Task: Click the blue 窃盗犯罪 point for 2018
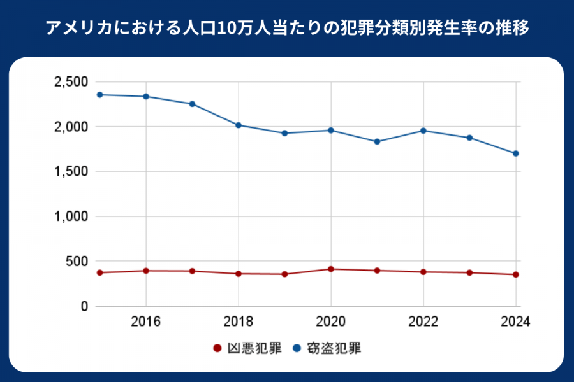239,125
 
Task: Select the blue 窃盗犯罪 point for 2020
331,131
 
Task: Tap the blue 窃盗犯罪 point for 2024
515,153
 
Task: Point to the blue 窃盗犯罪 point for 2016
146,97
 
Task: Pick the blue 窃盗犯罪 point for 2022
423,131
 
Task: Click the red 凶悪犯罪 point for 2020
331,269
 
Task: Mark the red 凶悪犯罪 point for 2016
146,271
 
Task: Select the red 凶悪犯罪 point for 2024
515,274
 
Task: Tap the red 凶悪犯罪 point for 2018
239,274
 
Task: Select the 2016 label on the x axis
146,321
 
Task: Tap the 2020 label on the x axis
331,321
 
